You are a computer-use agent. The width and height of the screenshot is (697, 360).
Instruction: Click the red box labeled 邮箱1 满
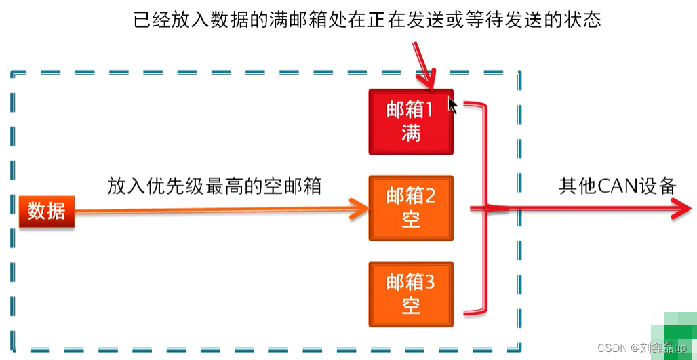point(411,122)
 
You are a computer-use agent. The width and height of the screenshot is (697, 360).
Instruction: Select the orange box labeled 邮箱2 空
point(411,208)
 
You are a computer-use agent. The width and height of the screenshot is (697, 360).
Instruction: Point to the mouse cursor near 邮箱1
point(452,105)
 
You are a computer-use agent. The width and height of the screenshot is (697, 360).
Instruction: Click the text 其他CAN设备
point(617,186)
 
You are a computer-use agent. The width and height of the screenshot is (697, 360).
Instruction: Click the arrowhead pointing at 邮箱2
point(358,209)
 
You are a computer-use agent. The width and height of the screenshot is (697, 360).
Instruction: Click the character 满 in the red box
point(411,134)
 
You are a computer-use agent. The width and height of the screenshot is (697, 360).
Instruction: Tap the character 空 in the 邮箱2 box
point(411,220)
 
